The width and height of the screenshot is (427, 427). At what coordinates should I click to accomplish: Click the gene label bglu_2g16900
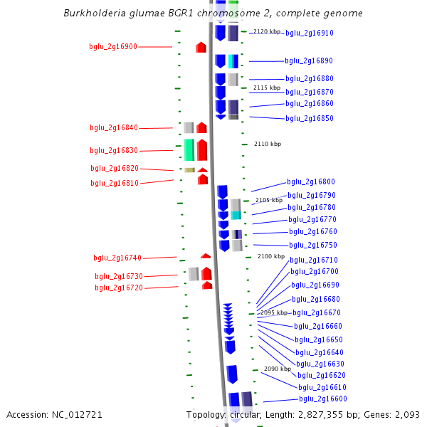click(x=113, y=46)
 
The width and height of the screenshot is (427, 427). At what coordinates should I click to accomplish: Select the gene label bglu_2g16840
click(x=114, y=128)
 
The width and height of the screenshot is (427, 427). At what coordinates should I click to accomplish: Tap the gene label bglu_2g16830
click(x=114, y=150)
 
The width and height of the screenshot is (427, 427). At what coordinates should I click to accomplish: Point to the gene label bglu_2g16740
click(x=117, y=258)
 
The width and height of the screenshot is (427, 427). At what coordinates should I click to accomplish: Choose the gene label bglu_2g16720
click(x=119, y=288)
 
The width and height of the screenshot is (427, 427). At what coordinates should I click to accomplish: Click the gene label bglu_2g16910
click(x=310, y=33)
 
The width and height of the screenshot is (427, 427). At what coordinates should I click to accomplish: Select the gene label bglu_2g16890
click(x=309, y=61)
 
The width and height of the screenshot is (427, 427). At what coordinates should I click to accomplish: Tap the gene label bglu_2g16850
click(x=309, y=118)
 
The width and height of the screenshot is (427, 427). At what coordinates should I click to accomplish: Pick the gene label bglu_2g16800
click(x=311, y=182)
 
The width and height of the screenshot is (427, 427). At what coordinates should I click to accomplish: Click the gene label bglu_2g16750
click(x=313, y=245)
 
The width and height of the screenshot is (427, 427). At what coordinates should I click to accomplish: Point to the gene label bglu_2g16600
click(x=323, y=399)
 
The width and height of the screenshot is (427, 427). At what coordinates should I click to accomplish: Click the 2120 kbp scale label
click(x=267, y=31)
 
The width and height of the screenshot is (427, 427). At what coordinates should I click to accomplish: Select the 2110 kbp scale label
click(x=268, y=144)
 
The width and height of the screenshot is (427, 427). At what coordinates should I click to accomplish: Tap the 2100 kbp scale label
click(x=271, y=256)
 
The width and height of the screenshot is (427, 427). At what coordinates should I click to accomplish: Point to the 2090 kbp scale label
click(x=278, y=369)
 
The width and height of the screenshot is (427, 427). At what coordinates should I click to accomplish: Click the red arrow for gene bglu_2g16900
click(x=201, y=47)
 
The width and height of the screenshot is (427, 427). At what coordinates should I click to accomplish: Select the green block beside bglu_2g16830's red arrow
click(x=189, y=149)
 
